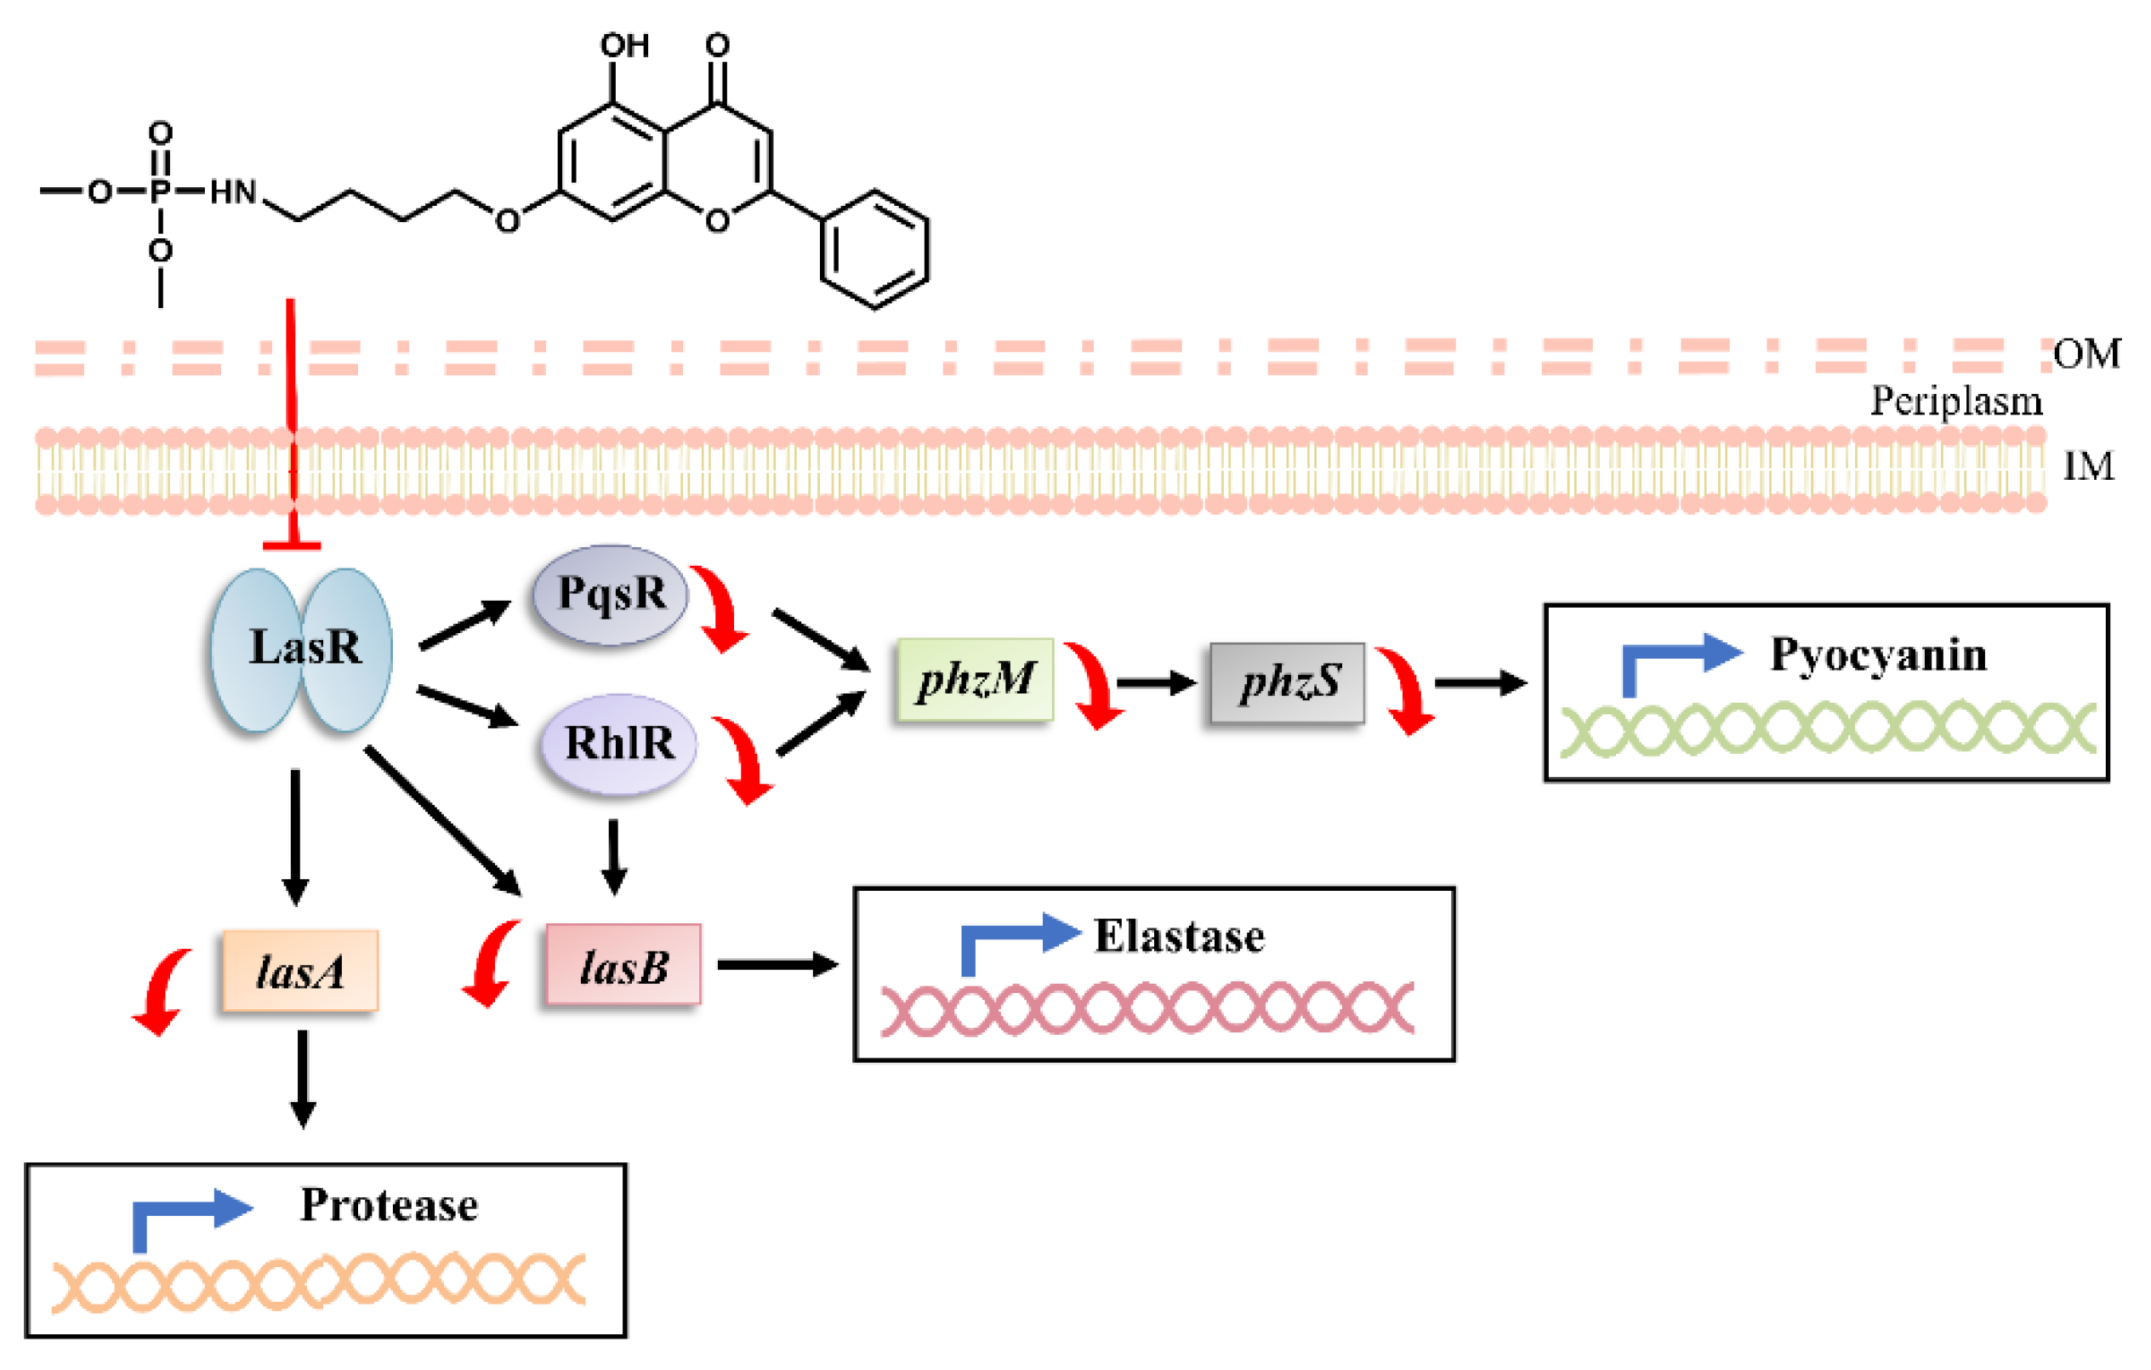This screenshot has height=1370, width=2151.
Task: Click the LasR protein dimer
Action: coord(301,650)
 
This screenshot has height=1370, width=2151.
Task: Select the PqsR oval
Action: coord(611,594)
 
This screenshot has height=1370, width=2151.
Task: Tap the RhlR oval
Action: coord(619,744)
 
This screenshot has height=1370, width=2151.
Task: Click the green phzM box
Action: coord(975,680)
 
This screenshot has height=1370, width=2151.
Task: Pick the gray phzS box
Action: coord(1287,682)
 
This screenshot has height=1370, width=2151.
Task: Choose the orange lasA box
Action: coord(300,972)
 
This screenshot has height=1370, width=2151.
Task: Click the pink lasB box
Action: coord(623,966)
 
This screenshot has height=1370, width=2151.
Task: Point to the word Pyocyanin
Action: coord(1878,654)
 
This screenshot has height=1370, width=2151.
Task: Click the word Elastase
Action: coord(1179,937)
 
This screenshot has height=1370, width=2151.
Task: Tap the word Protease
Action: coord(389,1205)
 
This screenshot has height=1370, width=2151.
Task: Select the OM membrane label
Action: coord(2086,354)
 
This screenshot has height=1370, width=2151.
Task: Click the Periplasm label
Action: coord(1956,401)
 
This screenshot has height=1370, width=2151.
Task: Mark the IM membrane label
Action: coord(2087,465)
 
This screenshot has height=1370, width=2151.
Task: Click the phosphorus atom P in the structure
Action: coord(160,191)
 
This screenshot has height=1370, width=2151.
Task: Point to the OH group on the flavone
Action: coord(623,45)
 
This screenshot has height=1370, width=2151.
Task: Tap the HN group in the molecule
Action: coord(233,191)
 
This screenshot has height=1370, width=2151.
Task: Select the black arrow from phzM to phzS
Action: coord(1155,683)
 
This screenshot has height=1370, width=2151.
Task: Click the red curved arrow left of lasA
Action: coord(162,991)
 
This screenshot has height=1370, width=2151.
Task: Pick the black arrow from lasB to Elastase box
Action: coord(777,964)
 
